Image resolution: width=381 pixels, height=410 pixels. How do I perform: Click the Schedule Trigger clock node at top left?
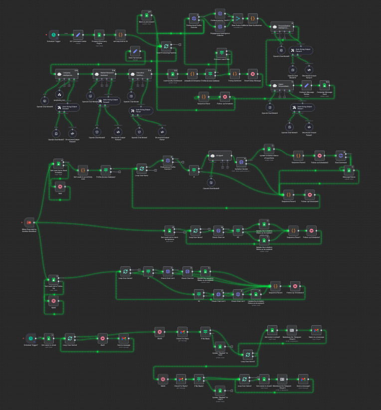click(x=54, y=34)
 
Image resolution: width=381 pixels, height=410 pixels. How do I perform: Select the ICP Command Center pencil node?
click(x=78, y=34)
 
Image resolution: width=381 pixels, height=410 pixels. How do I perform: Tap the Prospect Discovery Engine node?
click(x=98, y=34)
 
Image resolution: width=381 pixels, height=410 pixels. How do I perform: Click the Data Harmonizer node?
click(x=134, y=51)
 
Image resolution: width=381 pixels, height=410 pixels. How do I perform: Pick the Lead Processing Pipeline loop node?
click(x=167, y=45)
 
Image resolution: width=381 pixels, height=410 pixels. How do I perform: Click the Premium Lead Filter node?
click(x=221, y=52)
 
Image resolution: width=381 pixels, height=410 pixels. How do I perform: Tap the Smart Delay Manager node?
click(x=252, y=74)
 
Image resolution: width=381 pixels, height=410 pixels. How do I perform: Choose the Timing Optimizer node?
click(x=234, y=74)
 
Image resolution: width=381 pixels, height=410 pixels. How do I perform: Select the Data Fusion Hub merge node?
click(x=238, y=18)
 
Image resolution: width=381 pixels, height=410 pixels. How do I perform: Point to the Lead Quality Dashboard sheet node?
click(x=172, y=74)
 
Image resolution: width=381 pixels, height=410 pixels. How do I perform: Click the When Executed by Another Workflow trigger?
click(x=29, y=222)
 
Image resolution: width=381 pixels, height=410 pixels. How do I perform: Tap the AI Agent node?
click(x=220, y=156)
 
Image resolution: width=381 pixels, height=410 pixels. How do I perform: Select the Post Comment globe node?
click(x=341, y=155)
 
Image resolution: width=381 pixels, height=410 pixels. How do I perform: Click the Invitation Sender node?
click(x=241, y=162)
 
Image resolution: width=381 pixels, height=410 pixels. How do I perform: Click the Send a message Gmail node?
click(x=123, y=338)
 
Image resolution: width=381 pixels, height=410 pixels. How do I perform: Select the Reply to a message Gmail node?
click(x=315, y=330)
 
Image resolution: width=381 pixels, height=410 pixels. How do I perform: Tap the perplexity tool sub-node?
click(x=59, y=94)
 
